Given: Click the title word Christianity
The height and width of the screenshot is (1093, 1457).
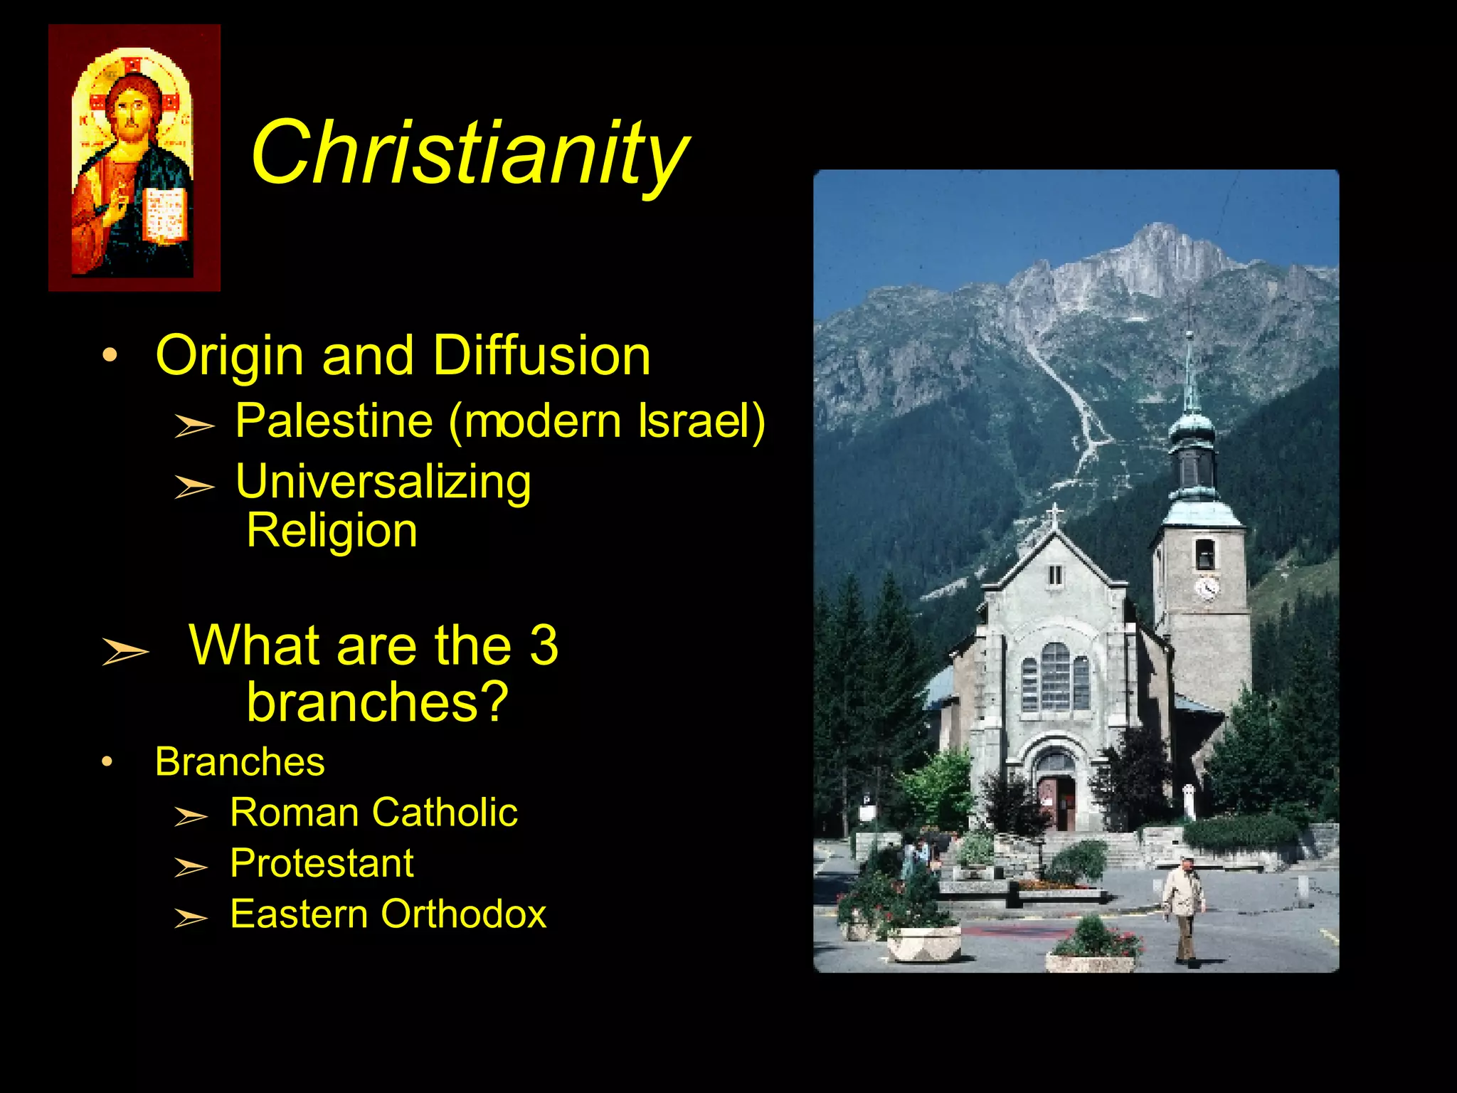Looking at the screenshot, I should coord(470,153).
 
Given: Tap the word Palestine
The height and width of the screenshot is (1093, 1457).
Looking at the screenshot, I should coord(334,421).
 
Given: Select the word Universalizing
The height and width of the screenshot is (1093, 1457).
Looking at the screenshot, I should coord(383,482).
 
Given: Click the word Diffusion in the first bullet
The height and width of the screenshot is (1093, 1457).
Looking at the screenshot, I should coord(541,355).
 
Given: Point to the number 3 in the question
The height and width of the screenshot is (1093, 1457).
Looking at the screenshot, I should coord(544,645).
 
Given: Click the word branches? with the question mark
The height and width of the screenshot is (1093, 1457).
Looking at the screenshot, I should coord(377,702).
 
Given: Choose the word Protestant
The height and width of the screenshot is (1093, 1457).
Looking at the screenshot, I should coord(322,863).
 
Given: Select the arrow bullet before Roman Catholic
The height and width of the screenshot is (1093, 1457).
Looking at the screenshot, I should coord(191,816).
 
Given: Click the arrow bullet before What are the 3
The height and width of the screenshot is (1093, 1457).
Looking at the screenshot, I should coord(125,650).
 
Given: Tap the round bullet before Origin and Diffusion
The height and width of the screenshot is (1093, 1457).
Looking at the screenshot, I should coord(110,355).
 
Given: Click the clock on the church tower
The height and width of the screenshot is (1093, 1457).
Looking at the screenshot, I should coord(1207,588).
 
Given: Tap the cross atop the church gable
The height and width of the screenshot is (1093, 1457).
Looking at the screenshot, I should coord(1055,514).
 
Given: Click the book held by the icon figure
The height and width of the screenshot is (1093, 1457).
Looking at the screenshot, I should coord(165,214).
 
